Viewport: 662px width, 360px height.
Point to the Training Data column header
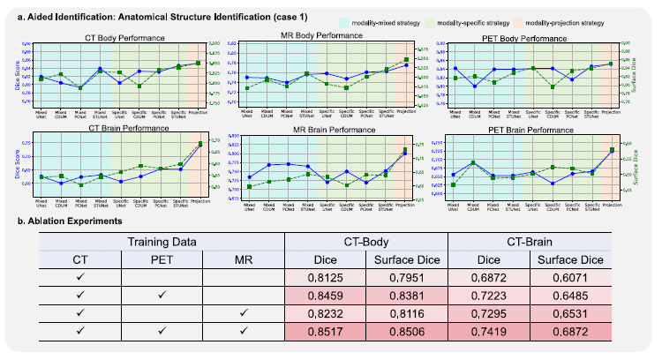tap(158, 240)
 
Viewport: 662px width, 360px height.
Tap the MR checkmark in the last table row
tap(239, 330)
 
